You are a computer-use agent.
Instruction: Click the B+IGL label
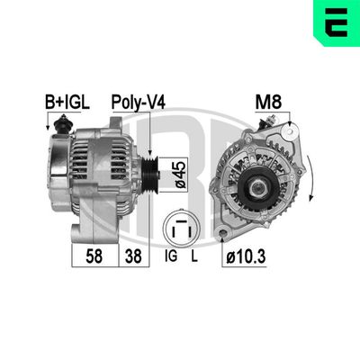pos(67,102)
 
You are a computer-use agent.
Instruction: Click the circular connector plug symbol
pos(184,229)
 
